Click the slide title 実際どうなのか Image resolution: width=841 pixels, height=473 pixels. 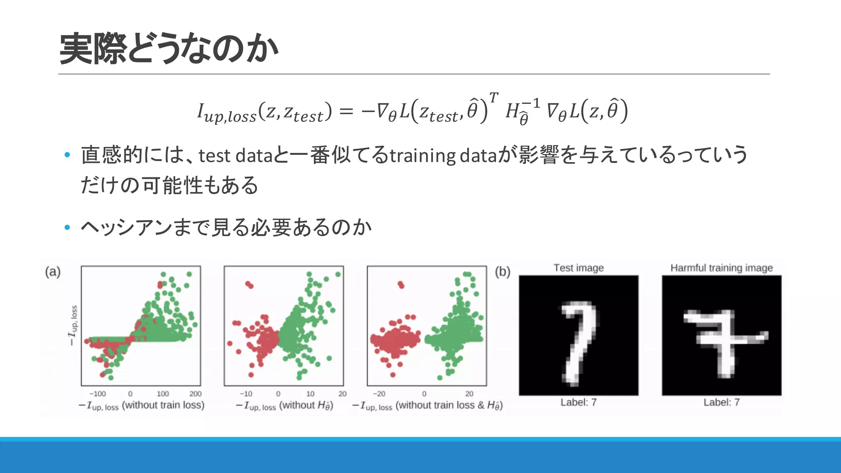point(168,48)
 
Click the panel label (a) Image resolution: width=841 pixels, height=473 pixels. point(53,272)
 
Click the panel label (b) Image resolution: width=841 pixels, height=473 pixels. point(502,272)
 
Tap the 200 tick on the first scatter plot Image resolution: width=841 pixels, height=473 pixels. point(195,393)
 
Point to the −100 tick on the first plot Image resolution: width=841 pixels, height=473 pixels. point(97,393)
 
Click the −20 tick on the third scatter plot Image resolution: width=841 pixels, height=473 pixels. point(379,393)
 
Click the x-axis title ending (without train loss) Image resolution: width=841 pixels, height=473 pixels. point(141,406)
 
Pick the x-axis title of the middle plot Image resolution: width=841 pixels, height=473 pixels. point(284,406)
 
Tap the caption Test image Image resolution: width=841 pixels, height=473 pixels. point(578,268)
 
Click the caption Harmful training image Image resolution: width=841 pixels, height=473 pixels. point(722,268)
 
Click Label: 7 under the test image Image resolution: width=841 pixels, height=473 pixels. point(578,402)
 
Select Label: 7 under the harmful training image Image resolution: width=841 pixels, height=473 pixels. point(722,402)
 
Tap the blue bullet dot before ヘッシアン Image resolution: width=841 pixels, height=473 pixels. point(67,227)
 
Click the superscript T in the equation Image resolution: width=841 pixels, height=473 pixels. point(494,98)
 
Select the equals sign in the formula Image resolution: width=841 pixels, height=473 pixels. point(346,111)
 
